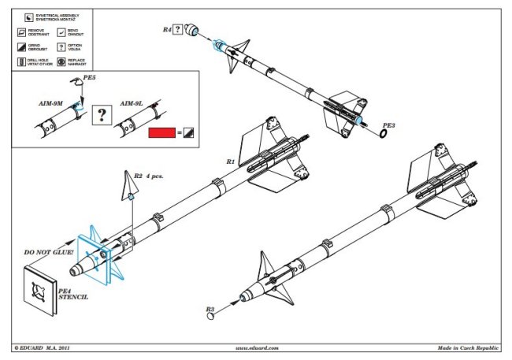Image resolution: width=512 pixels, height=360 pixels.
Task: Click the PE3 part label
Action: click(389, 124)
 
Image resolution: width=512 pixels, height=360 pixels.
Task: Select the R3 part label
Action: click(210, 310)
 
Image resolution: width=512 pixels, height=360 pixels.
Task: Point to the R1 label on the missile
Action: click(231, 161)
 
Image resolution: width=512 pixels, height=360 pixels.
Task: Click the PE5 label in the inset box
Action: click(92, 79)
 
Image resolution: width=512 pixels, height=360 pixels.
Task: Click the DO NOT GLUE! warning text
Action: click(49, 252)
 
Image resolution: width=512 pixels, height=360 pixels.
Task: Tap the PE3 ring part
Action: click(383, 135)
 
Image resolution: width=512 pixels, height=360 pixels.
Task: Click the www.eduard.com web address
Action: click(257, 347)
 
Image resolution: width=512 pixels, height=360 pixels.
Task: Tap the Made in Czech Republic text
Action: click(469, 347)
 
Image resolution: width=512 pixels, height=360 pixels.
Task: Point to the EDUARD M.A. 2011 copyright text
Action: click(48, 347)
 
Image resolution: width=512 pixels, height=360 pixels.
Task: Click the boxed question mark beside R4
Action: click(178, 30)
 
